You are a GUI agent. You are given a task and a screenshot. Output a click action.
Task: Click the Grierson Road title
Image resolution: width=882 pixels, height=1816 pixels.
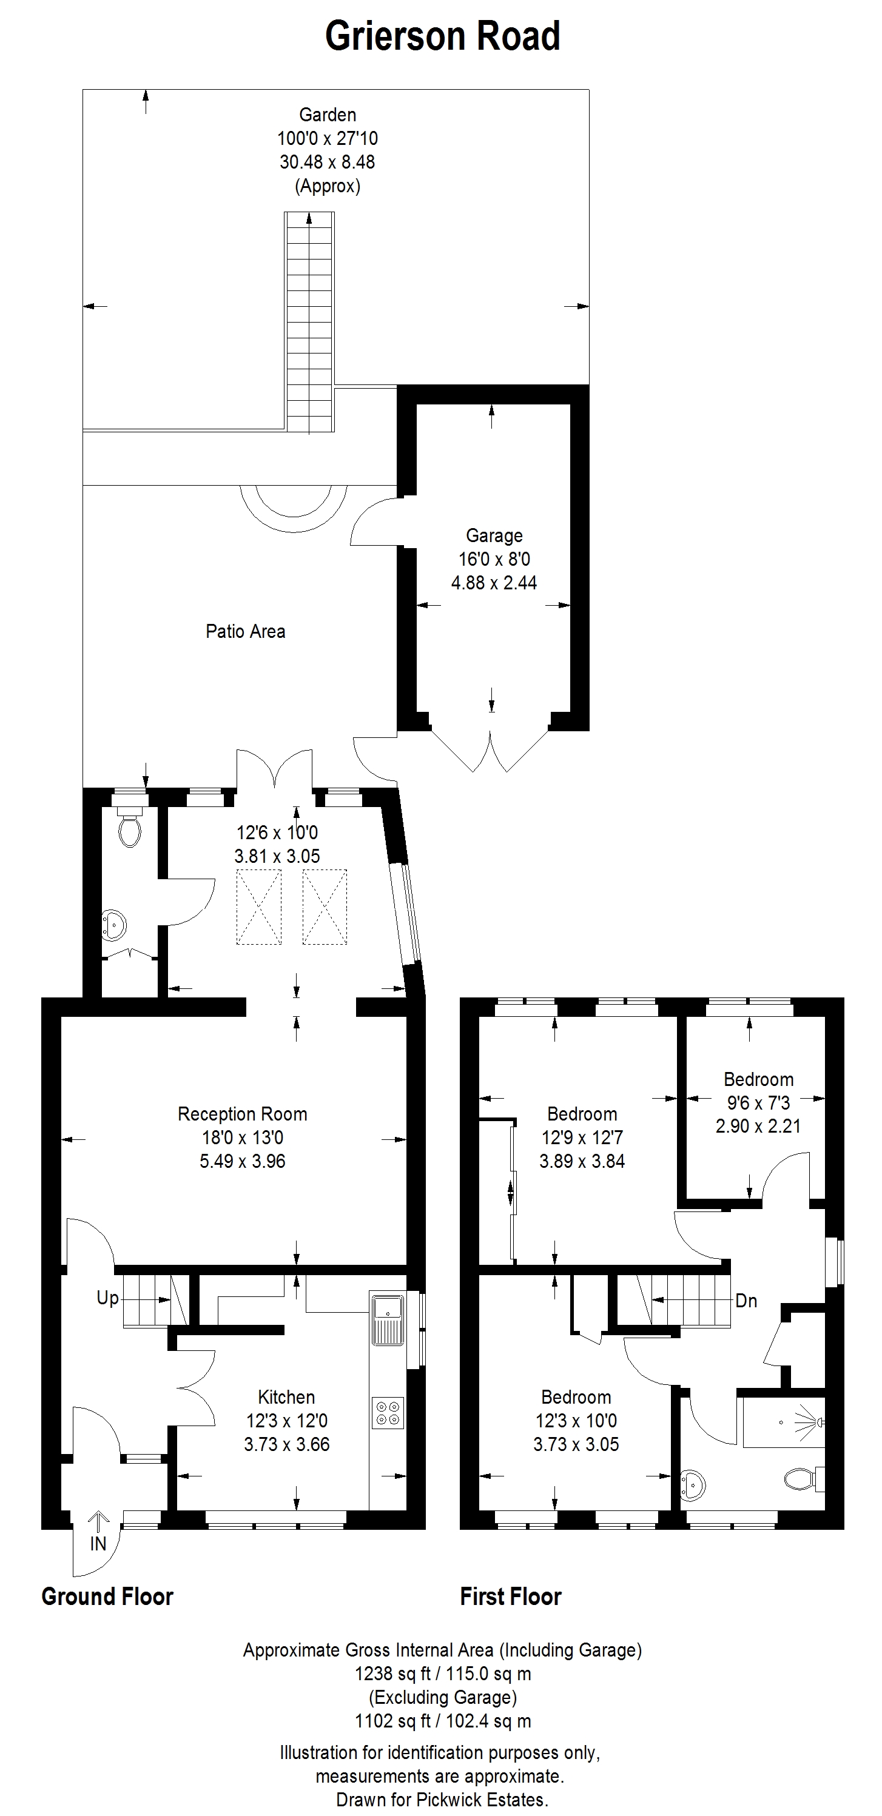coord(442,36)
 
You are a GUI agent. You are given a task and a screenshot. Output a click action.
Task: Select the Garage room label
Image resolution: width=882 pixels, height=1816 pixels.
coord(494,536)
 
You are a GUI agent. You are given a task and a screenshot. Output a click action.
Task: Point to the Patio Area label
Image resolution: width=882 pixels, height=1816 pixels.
coord(245,631)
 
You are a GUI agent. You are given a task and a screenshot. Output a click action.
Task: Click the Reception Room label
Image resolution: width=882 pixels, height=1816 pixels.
coord(243,1114)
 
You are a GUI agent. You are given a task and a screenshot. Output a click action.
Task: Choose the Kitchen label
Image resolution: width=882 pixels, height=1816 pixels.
coord(286,1396)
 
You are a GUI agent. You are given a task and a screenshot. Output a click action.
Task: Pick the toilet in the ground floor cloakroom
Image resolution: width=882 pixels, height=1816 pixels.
coord(130,828)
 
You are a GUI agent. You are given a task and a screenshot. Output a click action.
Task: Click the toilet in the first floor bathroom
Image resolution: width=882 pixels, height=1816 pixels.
coord(803,1478)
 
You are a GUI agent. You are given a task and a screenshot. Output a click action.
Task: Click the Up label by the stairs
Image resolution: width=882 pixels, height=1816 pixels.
coord(108,1298)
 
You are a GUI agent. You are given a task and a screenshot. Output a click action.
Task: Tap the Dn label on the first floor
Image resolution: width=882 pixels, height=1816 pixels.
coord(746,1301)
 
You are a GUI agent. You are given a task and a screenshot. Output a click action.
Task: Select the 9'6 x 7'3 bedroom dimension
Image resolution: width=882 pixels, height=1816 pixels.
coord(759,1102)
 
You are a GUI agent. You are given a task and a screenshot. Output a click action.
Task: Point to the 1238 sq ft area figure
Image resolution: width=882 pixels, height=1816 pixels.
coord(392,1674)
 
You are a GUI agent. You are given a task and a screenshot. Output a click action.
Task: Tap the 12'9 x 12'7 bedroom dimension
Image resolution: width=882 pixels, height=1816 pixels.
coord(582,1138)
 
